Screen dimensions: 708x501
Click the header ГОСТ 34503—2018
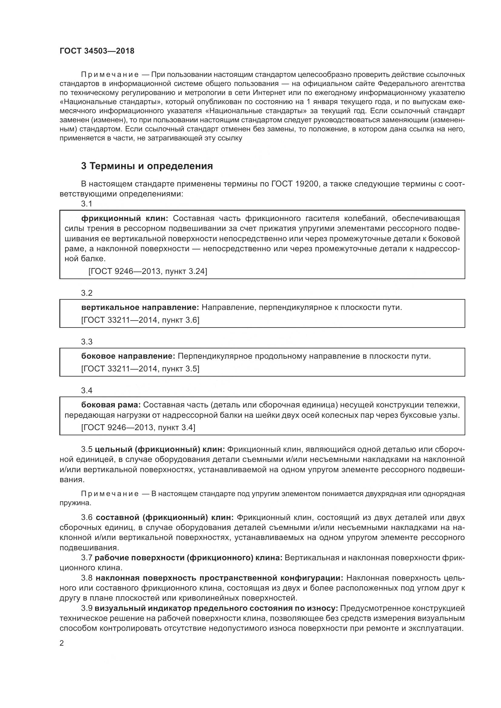(97, 51)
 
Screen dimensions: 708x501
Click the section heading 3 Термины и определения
(147, 166)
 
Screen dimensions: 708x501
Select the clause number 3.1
(87, 203)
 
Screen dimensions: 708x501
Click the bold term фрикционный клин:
(124, 218)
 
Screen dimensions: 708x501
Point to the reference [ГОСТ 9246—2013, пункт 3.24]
(148, 271)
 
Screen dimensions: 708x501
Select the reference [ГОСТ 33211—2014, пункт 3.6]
(140, 320)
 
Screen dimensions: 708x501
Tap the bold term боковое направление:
(128, 356)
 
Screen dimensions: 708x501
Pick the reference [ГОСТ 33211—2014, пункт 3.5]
(140, 369)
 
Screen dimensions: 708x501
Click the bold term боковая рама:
(111, 405)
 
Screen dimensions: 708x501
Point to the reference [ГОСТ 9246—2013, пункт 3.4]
(138, 427)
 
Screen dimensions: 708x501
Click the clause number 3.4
(87, 390)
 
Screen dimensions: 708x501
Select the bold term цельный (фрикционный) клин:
(160, 449)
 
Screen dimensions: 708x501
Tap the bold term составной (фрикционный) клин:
(165, 517)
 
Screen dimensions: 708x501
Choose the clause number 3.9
(87, 608)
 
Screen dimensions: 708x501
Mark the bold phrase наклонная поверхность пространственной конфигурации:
(219, 578)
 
